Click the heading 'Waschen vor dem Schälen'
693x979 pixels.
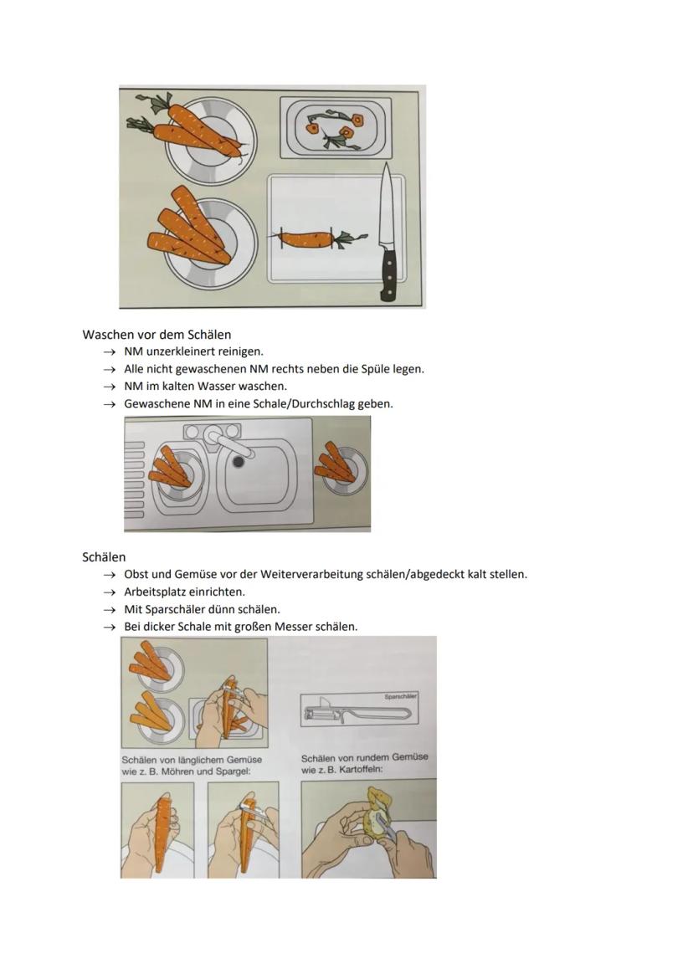[x=157, y=335]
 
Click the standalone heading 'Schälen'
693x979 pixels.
[x=104, y=557]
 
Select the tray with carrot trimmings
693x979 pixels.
[x=335, y=127]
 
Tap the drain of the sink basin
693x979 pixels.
[x=239, y=461]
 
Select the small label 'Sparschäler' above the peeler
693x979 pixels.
[x=400, y=696]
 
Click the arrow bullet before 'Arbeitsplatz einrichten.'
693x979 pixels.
[x=109, y=592]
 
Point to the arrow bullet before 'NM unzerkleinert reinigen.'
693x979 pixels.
[x=109, y=352]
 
